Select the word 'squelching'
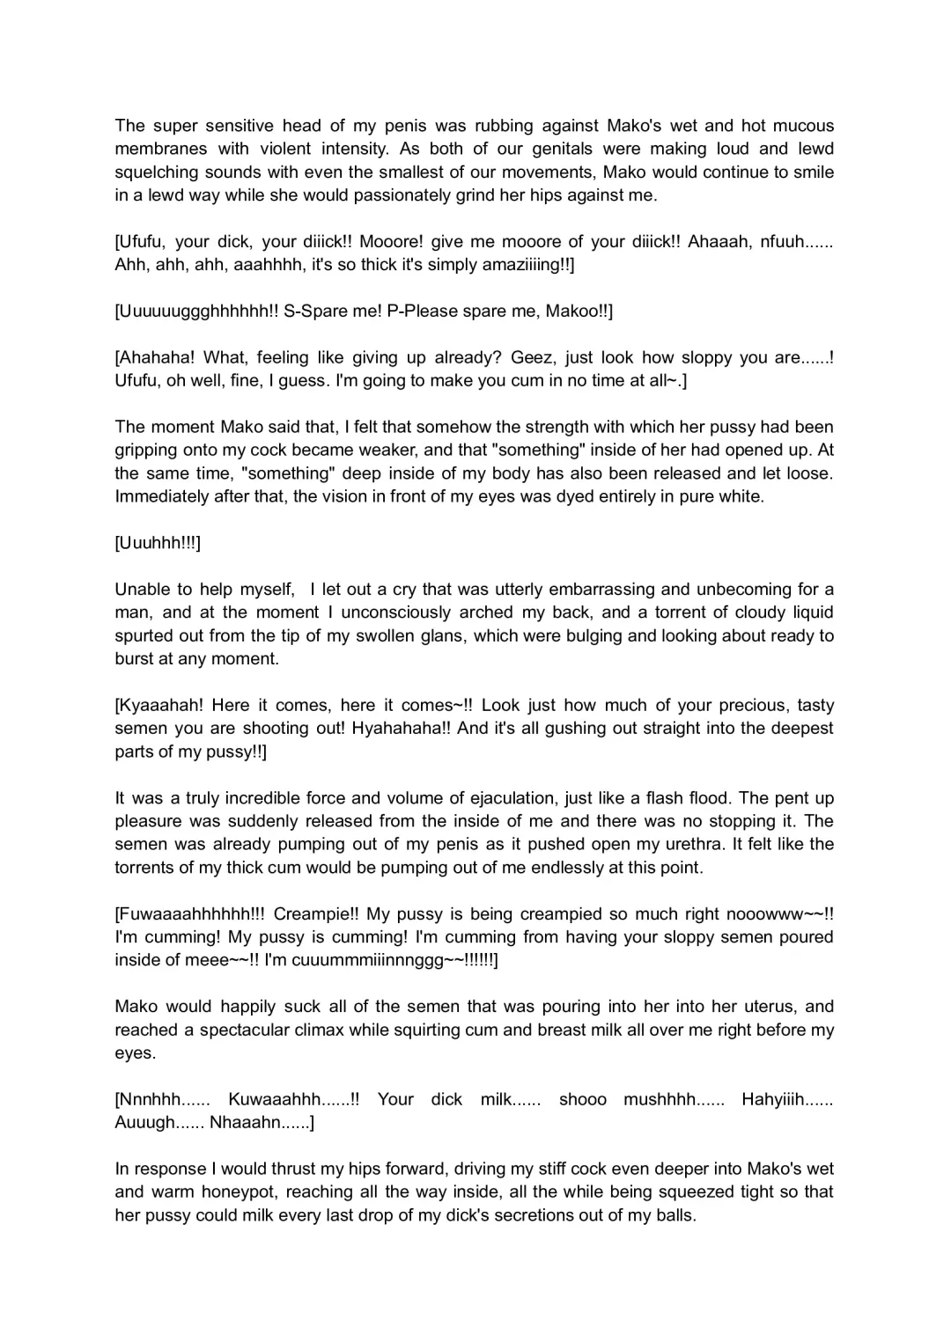coord(157,172)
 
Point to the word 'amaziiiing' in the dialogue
coord(521,265)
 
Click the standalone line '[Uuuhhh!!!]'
coord(158,543)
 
